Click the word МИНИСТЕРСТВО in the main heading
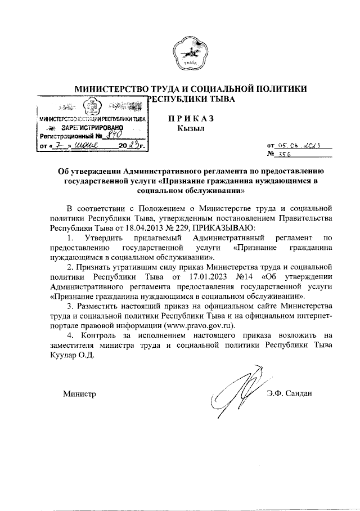click(x=110, y=88)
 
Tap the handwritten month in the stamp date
click(x=91, y=146)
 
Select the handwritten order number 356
click(x=293, y=154)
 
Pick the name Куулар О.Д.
click(x=73, y=355)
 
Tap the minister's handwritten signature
click(x=236, y=394)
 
